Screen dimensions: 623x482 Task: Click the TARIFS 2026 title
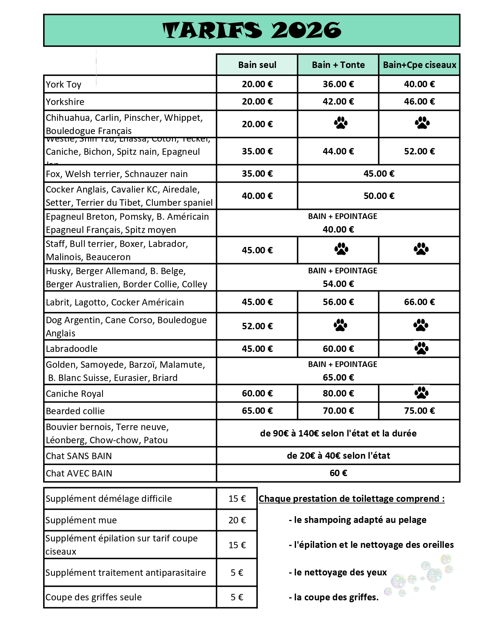[x=252, y=31]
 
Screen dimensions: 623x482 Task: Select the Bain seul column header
[x=257, y=65]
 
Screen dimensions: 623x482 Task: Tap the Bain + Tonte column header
[x=338, y=65]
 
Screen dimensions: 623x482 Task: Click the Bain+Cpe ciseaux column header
[x=420, y=65]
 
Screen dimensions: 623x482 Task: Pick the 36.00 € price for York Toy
[x=338, y=84]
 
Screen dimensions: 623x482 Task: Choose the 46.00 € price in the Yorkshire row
[x=419, y=102]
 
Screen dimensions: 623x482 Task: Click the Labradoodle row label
[x=72, y=349]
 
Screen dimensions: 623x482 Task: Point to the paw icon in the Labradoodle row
[x=421, y=349]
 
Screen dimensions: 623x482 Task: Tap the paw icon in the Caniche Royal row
[x=421, y=393]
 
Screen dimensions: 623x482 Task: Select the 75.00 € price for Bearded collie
[x=419, y=411]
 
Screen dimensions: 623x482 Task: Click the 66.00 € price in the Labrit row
[x=419, y=302]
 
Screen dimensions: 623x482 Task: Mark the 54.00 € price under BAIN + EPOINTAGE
[x=338, y=284]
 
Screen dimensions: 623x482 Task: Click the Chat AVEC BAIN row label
[x=79, y=473]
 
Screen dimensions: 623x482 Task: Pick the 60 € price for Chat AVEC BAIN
[x=338, y=473]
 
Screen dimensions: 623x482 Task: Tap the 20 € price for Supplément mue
[x=237, y=520]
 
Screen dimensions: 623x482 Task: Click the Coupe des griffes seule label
[x=94, y=597]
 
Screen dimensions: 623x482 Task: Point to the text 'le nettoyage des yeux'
[x=340, y=572]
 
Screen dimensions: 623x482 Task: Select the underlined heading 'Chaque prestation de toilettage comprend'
[x=352, y=499]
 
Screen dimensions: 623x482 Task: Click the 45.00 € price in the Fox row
[x=379, y=174]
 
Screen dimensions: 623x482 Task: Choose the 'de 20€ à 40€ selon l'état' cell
[x=338, y=456]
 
